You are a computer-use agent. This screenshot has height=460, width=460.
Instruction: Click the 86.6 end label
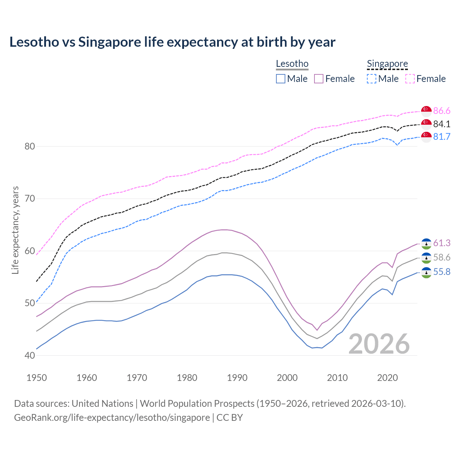[442, 111]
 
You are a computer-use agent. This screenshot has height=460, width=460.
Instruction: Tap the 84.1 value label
[442, 124]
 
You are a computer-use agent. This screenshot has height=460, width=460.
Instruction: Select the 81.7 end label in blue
[442, 137]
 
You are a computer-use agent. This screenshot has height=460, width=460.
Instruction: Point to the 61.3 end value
[442, 243]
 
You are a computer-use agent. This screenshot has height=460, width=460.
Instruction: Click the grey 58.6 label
[442, 257]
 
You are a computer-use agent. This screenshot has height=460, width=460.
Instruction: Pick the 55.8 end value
[442, 272]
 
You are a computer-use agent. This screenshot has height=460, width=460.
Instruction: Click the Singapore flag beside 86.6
[426, 111]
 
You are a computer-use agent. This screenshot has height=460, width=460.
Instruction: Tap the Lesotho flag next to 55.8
[426, 272]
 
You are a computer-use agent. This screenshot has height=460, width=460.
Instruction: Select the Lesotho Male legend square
[281, 79]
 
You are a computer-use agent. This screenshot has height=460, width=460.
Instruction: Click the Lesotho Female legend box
[319, 79]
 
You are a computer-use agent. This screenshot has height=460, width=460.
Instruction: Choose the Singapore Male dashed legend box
[372, 79]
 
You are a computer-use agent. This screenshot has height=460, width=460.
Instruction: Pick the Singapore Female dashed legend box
[410, 79]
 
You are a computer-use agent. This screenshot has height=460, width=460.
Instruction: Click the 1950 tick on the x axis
[37, 378]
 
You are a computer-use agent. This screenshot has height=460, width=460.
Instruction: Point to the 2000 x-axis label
[287, 378]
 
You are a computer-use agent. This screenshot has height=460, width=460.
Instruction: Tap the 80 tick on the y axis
[30, 146]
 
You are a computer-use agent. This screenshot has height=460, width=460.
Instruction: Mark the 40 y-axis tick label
[30, 355]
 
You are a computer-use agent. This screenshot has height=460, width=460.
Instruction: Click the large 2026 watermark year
[379, 344]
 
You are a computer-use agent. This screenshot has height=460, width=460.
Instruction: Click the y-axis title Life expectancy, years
[15, 230]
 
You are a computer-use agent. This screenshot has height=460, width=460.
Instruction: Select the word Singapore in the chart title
[110, 42]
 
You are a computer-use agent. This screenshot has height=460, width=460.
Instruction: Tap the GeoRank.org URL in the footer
[112, 418]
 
